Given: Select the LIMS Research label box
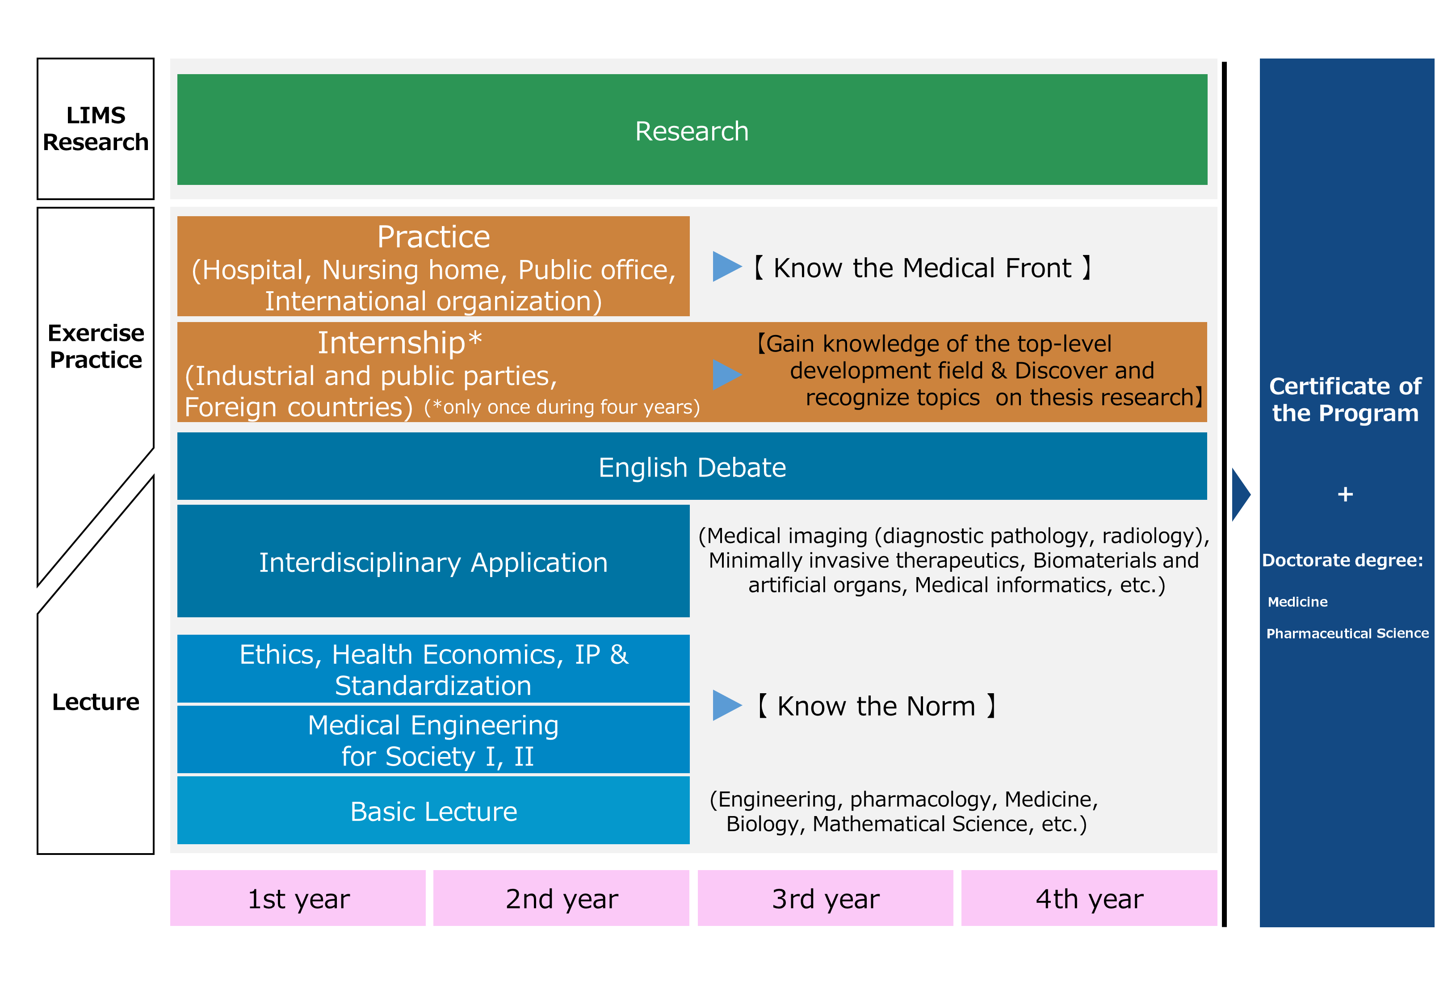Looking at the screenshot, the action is point(96,129).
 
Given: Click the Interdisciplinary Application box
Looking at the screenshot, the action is point(433,561).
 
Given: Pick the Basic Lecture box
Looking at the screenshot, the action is point(433,810).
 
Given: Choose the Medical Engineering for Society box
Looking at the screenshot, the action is point(433,739).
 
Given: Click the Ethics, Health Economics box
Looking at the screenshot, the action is point(433,669).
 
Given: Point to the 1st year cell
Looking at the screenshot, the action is point(298,898).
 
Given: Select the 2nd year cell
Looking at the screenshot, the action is point(561,898).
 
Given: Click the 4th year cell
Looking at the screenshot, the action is point(1089,898).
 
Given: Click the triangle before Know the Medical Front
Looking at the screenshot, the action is point(726,267).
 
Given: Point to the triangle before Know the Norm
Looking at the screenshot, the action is point(726,705).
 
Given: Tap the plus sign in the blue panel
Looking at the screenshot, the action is point(1345,494).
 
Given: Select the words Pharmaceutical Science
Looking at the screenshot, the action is point(1347,633).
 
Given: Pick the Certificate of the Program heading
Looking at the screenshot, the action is point(1345,399).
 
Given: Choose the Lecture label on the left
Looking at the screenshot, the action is point(96,701).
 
